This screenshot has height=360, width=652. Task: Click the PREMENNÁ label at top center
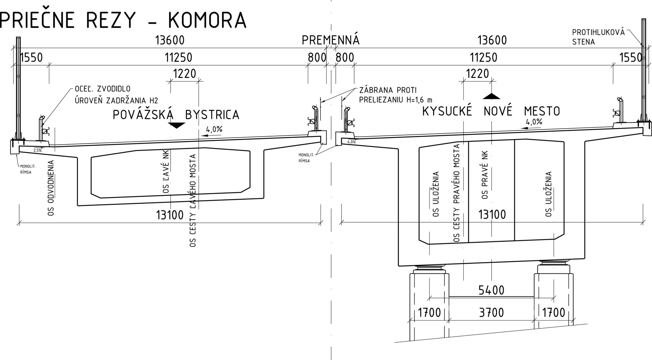click(330, 40)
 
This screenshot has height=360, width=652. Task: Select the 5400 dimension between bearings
click(491, 290)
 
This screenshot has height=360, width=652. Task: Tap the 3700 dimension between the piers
click(491, 312)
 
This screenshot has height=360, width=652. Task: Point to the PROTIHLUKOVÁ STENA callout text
click(598, 37)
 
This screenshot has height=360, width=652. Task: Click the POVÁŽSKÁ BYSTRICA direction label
click(176, 114)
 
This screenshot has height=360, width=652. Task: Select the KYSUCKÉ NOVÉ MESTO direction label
click(491, 111)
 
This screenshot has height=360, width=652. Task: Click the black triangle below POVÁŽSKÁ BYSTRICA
click(176, 125)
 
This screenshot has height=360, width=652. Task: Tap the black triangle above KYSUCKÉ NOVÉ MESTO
click(492, 96)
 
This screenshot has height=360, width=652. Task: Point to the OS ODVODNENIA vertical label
click(51, 188)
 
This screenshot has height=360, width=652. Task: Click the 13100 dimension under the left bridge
click(170, 215)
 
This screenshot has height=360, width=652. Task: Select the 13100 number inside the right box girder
click(492, 214)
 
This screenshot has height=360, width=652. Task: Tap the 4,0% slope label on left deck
click(214, 129)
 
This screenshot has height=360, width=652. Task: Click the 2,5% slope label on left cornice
click(37, 150)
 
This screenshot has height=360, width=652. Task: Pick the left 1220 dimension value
click(184, 74)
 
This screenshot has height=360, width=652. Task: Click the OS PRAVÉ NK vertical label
click(485, 175)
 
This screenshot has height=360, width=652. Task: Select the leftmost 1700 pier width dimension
click(429, 312)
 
